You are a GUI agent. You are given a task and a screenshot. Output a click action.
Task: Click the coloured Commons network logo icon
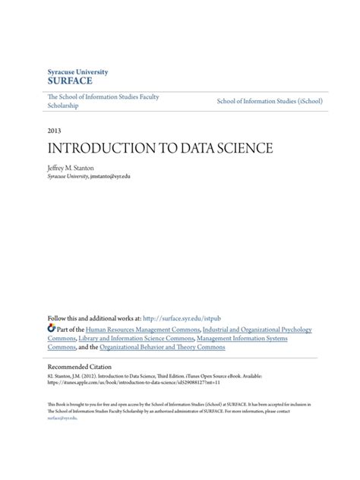coord(52,329)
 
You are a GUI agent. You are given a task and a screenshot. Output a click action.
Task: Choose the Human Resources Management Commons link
coord(144,330)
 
